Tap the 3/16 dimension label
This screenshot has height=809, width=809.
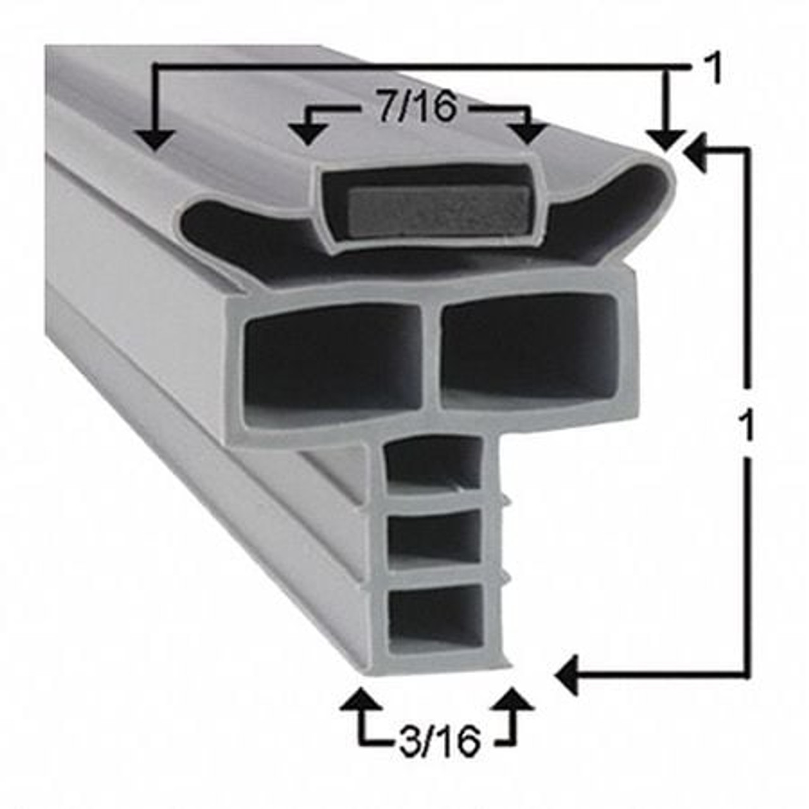(x=440, y=741)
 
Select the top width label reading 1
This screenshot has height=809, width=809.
(x=713, y=69)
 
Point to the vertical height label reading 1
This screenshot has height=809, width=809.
(x=747, y=426)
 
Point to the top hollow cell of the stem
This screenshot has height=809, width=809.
(x=433, y=465)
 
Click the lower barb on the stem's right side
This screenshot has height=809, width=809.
(x=505, y=574)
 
